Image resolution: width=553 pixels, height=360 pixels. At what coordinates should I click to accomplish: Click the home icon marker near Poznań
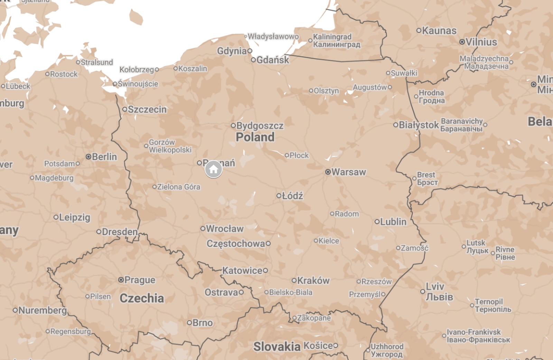(x=214, y=169)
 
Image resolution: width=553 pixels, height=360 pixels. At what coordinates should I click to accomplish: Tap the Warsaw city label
(x=348, y=172)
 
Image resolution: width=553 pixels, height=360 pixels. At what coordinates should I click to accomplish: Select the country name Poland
(x=255, y=137)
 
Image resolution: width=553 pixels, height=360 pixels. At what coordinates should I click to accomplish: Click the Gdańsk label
(x=272, y=60)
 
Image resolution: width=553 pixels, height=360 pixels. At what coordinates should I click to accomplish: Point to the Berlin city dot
(x=88, y=157)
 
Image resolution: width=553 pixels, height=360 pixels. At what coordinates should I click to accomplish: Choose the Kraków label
(x=313, y=280)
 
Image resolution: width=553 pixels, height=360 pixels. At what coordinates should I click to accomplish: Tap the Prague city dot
(x=121, y=280)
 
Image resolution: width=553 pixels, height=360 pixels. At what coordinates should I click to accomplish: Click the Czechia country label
(x=142, y=298)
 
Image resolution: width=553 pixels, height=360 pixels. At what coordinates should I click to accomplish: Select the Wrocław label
(x=225, y=229)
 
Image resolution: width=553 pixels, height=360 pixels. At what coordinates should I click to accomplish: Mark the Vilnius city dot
(x=462, y=42)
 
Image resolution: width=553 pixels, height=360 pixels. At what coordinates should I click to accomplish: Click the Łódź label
(x=292, y=196)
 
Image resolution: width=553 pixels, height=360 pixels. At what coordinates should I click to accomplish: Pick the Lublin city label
(x=393, y=222)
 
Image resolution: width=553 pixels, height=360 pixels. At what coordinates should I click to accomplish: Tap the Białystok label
(x=419, y=125)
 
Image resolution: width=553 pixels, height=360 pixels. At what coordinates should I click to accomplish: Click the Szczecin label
(x=147, y=109)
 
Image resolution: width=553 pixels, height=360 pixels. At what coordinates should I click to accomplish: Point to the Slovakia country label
(x=277, y=347)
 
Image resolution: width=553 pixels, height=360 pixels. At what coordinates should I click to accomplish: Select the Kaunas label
(x=439, y=30)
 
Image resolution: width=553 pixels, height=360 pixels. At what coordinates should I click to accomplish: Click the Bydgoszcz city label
(x=260, y=126)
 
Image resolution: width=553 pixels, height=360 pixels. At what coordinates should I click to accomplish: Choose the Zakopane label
(x=314, y=318)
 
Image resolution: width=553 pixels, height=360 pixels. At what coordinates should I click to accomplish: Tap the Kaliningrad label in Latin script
(x=332, y=37)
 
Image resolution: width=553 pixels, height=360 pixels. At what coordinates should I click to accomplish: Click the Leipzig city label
(x=75, y=217)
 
